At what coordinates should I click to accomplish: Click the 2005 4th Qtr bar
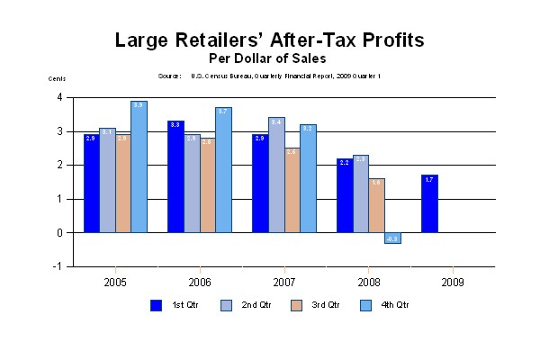139,166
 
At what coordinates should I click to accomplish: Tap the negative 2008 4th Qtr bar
392,238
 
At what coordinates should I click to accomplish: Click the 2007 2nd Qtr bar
275,175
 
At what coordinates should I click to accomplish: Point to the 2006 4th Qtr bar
223,170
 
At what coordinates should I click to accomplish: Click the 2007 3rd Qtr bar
292,190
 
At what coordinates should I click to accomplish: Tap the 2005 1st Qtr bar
91,184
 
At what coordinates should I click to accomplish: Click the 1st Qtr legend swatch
156,304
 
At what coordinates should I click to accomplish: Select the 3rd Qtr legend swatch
296,304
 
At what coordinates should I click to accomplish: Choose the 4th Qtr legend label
395,305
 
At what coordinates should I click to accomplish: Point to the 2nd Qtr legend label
256,305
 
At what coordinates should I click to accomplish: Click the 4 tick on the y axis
59,97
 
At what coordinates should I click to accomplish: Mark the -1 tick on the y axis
58,266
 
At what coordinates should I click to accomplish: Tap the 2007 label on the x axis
283,281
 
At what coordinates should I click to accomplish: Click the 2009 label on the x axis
453,281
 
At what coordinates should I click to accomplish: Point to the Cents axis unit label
57,79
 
